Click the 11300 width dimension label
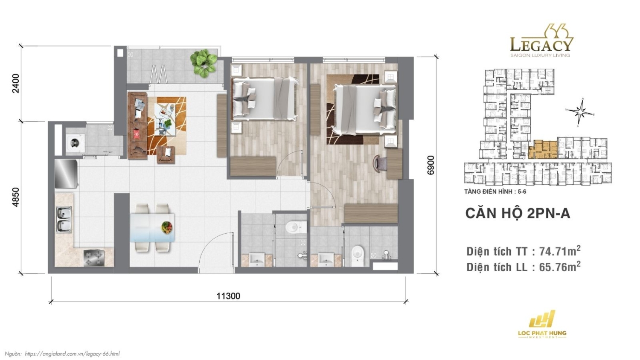[228, 296]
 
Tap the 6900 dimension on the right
[431, 165]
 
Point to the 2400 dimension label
[16, 83]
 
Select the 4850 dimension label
[16, 197]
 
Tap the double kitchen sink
[64, 220]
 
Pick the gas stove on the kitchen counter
[94, 257]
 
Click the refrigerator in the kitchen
[66, 174]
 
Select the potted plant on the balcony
[204, 62]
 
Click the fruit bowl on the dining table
[167, 227]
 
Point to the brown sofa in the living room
[137, 126]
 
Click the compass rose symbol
[580, 113]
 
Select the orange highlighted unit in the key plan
[543, 150]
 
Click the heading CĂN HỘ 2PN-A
[518, 213]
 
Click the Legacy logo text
[541, 44]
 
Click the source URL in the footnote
[72, 354]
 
